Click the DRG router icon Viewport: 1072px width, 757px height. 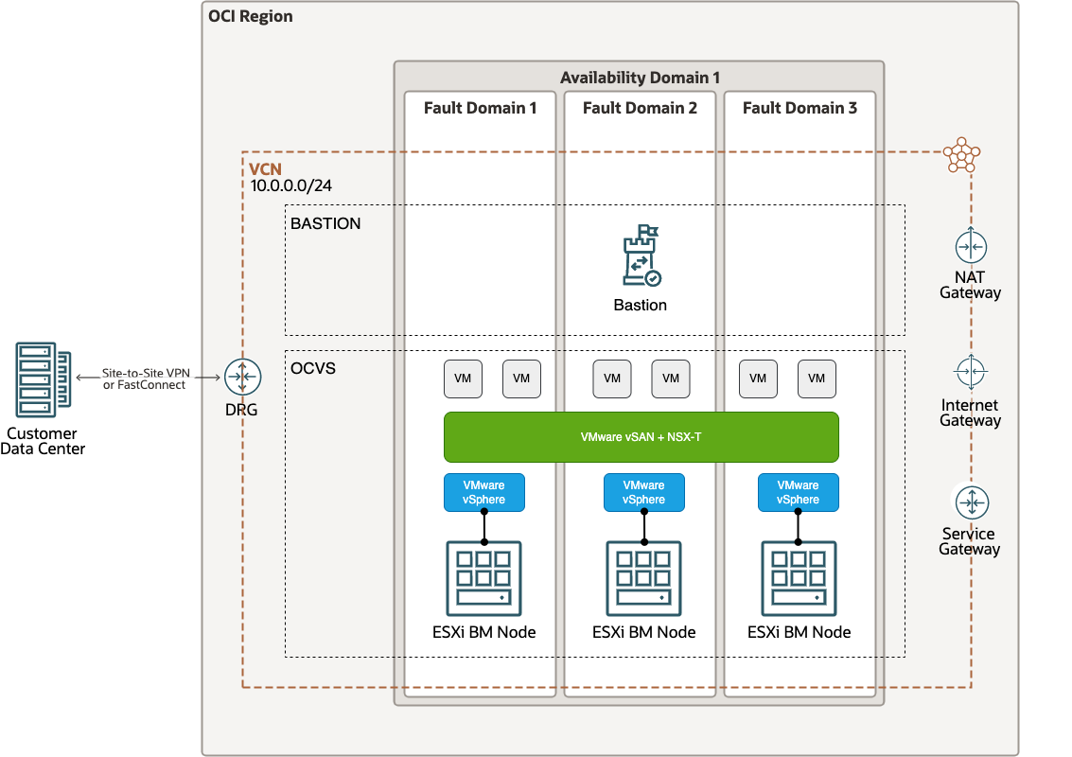(x=242, y=378)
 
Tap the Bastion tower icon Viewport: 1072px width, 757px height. (x=641, y=255)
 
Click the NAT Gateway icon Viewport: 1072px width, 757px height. (x=971, y=248)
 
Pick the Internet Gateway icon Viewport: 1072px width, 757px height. (x=971, y=374)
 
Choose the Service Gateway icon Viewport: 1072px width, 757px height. (x=971, y=502)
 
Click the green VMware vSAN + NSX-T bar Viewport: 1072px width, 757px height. (x=641, y=437)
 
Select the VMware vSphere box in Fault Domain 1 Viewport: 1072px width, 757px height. (x=483, y=492)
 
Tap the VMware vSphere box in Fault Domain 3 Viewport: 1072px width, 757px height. (x=798, y=492)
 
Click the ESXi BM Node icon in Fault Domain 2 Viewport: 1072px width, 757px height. (x=643, y=578)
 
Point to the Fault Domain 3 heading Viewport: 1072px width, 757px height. (x=800, y=108)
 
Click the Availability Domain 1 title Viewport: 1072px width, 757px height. (x=640, y=78)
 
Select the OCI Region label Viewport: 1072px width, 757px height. (x=250, y=17)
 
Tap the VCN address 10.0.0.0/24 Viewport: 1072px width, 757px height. (x=290, y=186)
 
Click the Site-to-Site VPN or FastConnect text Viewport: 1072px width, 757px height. (x=145, y=378)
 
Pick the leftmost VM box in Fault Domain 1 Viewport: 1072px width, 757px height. (x=463, y=378)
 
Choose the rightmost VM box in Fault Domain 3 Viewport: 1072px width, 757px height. (x=817, y=378)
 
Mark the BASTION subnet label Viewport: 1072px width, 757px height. (x=325, y=224)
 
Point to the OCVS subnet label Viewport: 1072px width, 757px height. (x=313, y=368)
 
